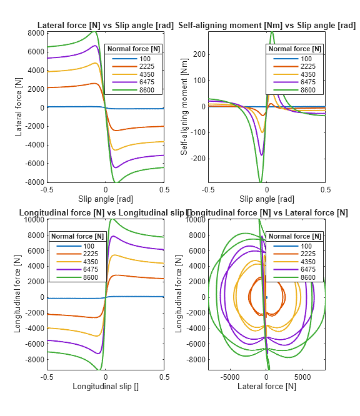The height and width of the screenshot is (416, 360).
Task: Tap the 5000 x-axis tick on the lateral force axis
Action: [302, 377]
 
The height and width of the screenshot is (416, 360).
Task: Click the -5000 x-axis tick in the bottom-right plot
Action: [231, 377]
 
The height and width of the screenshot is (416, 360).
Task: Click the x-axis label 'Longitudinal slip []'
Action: [105, 386]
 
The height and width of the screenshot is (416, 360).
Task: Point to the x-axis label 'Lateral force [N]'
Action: [267, 387]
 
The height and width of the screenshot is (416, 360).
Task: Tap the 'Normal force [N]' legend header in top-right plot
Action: [295, 49]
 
